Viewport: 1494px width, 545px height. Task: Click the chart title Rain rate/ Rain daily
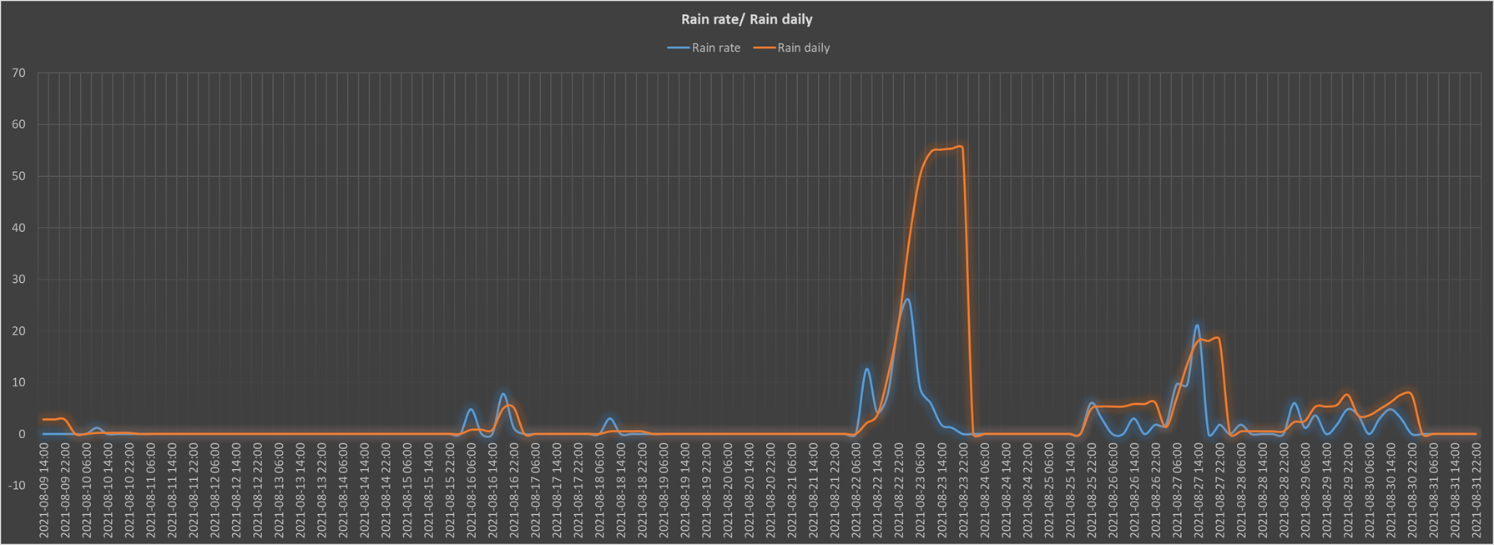pyautogui.click(x=746, y=19)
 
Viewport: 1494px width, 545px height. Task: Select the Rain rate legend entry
pyautogui.click(x=704, y=48)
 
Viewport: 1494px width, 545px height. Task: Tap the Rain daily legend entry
pyautogui.click(x=792, y=48)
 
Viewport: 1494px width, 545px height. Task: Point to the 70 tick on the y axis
pyautogui.click(x=18, y=73)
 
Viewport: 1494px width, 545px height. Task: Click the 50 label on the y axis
pyautogui.click(x=18, y=176)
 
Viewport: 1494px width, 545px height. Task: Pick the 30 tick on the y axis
pyautogui.click(x=18, y=280)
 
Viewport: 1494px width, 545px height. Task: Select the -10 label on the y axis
pyautogui.click(x=16, y=486)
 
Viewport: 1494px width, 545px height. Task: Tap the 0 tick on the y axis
pyautogui.click(x=22, y=434)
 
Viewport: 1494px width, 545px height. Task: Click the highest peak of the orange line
pyautogui.click(x=961, y=147)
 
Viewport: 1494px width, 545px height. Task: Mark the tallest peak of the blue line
pyautogui.click(x=907, y=300)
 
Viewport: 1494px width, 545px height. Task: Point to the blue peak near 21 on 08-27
pyautogui.click(x=1197, y=325)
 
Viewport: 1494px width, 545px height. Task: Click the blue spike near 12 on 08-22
pyautogui.click(x=866, y=369)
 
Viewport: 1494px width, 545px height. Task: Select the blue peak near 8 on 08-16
pyautogui.click(x=502, y=394)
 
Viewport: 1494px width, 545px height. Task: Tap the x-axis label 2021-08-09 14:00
pyautogui.click(x=43, y=491)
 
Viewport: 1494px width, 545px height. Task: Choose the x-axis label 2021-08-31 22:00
pyautogui.click(x=1475, y=491)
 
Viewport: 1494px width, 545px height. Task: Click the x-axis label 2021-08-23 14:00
pyautogui.click(x=941, y=491)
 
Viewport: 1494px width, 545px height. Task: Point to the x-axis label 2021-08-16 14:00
pyautogui.click(x=492, y=491)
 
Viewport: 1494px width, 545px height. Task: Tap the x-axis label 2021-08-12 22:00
pyautogui.click(x=257, y=491)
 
